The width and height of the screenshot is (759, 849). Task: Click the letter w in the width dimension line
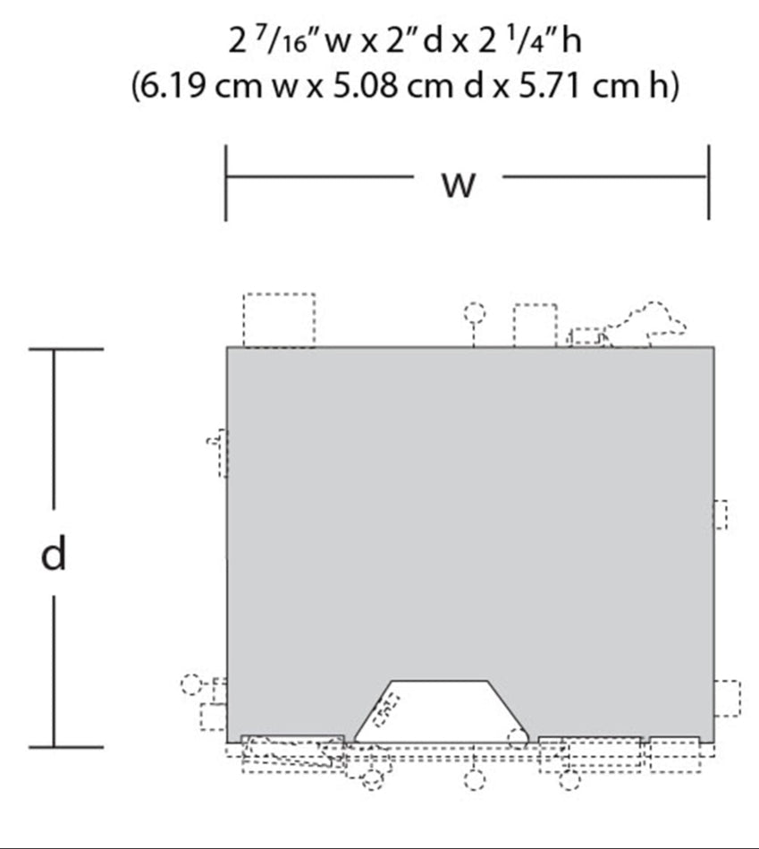(x=459, y=184)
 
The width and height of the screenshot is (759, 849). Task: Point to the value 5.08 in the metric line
(x=366, y=86)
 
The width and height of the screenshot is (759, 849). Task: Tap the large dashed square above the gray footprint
(x=279, y=320)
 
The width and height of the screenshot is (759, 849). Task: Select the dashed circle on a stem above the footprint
(x=475, y=313)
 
